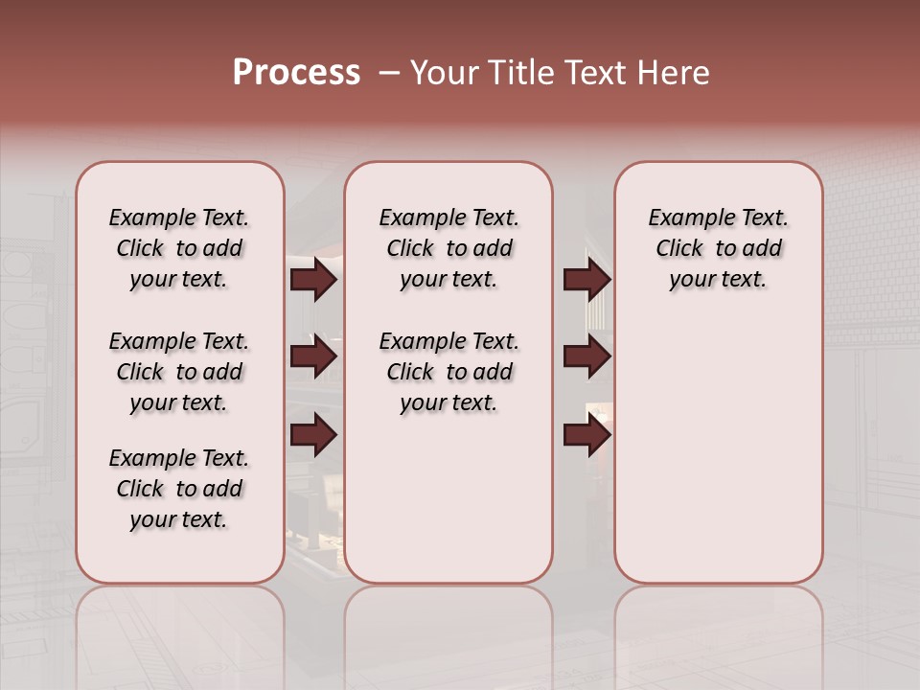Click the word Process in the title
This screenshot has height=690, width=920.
click(296, 72)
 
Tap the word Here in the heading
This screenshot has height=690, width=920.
click(675, 73)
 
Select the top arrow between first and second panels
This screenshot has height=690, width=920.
click(313, 279)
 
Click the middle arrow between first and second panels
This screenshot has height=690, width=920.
click(313, 356)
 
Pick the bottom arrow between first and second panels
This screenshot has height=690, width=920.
click(313, 436)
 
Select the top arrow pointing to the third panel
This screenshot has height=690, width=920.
click(586, 279)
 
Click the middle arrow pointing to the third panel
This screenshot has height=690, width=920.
click(586, 356)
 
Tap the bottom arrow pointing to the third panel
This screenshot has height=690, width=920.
click(586, 436)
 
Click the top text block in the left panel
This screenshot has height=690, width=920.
click(179, 248)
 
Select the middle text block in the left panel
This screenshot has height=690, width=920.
click(179, 372)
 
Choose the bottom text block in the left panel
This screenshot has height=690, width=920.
click(179, 489)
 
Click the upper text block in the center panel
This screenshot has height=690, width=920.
click(448, 248)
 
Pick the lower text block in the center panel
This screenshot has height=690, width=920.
click(448, 372)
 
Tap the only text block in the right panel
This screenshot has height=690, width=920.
click(718, 248)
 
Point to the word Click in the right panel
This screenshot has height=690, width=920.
click(679, 249)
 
